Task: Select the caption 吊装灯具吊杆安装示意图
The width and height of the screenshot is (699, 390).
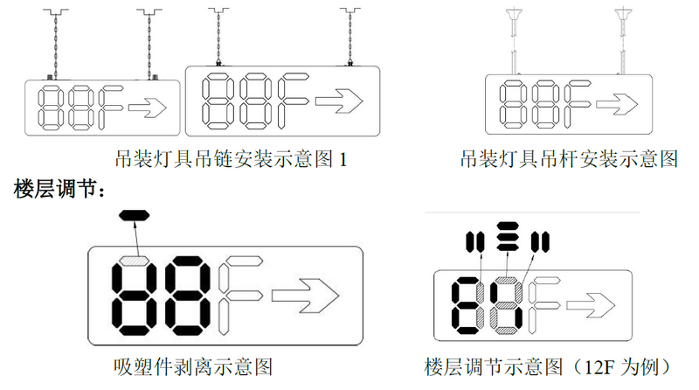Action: (x=571, y=159)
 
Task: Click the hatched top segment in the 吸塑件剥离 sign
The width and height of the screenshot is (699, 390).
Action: (x=136, y=260)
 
